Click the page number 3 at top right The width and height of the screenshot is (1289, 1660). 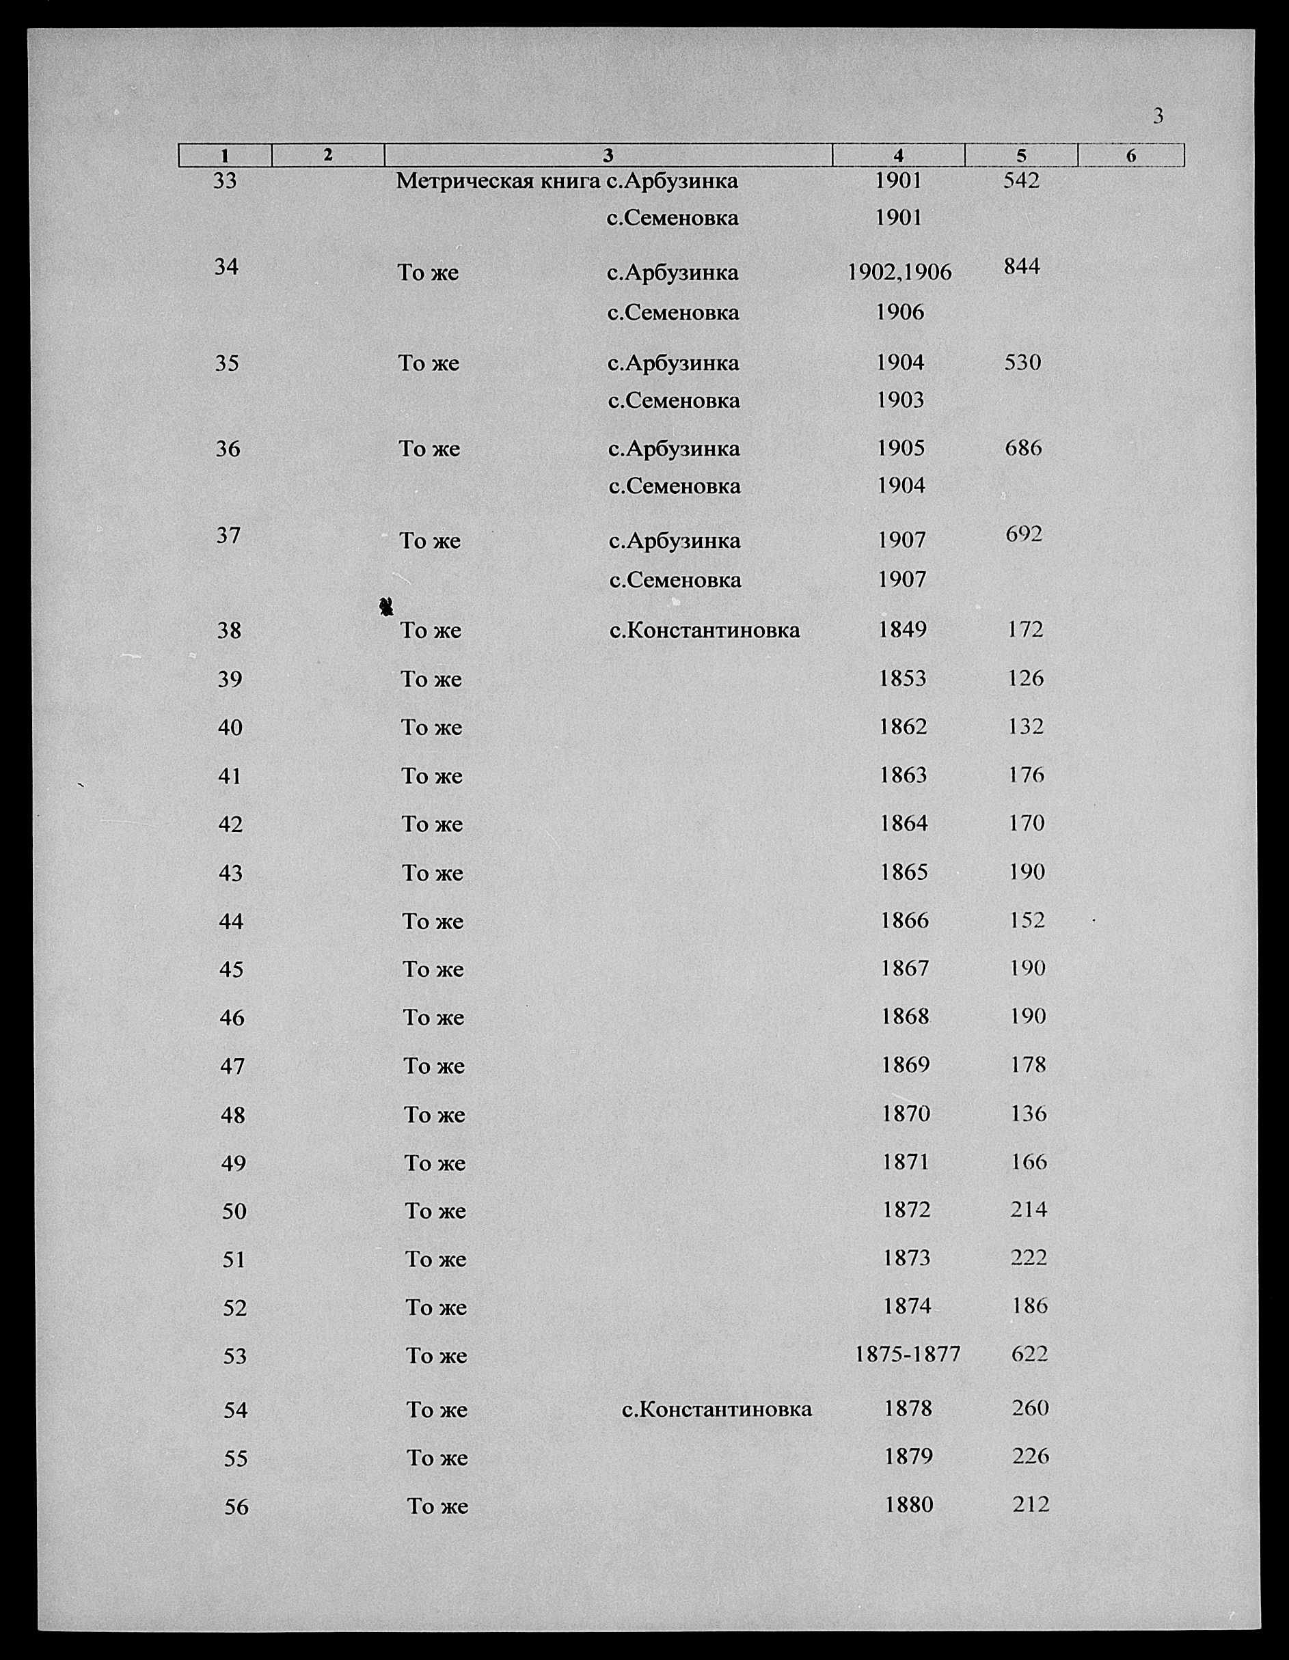[1158, 116]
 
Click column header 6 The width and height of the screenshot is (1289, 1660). [1131, 156]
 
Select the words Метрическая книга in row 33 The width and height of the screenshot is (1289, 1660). [499, 181]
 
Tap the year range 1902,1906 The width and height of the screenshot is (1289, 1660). [899, 273]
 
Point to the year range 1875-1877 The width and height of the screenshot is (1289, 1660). [907, 1354]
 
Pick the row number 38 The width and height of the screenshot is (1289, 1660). [229, 630]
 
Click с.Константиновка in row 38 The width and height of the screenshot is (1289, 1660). [704, 630]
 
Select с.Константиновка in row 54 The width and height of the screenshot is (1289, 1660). [716, 1409]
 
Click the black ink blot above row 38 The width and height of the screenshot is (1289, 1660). [386, 606]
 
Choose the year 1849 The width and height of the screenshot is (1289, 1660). [902, 629]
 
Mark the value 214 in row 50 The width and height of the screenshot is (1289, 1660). [1029, 1209]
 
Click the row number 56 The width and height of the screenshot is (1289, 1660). [236, 1506]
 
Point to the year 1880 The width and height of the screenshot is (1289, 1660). [909, 1504]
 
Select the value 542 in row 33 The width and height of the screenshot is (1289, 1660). [1020, 180]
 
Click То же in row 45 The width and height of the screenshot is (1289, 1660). [433, 969]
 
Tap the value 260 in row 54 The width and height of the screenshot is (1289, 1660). [1031, 1408]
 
